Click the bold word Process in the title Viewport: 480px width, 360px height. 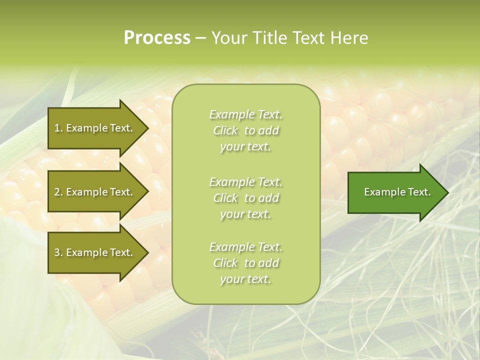click(157, 38)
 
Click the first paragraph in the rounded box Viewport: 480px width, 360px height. click(245, 130)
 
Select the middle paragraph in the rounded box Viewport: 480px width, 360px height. click(245, 198)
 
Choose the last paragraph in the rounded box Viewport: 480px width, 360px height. click(245, 263)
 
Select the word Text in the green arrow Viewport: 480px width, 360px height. click(419, 192)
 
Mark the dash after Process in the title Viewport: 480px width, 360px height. click(200, 38)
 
